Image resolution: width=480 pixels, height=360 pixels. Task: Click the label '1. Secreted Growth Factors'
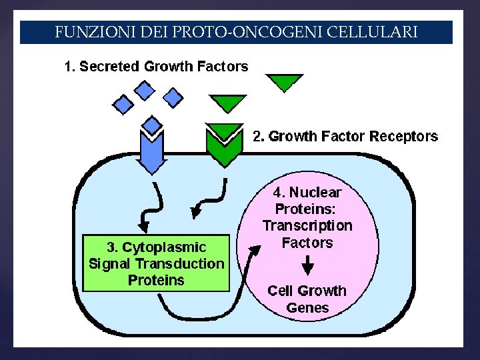tap(156, 67)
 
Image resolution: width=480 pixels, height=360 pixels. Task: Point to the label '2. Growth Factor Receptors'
tap(345, 137)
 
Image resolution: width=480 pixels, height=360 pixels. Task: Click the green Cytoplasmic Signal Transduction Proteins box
tap(156, 263)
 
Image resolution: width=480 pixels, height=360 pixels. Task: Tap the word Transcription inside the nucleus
tap(307, 225)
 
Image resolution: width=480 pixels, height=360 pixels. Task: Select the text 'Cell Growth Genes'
tap(307, 299)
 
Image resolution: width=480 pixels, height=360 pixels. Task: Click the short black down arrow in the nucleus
tap(307, 265)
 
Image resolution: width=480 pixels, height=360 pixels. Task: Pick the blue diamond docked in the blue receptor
tap(153, 125)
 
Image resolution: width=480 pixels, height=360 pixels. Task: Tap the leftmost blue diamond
tap(123, 104)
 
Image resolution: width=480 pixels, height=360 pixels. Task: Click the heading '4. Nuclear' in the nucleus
tap(307, 193)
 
